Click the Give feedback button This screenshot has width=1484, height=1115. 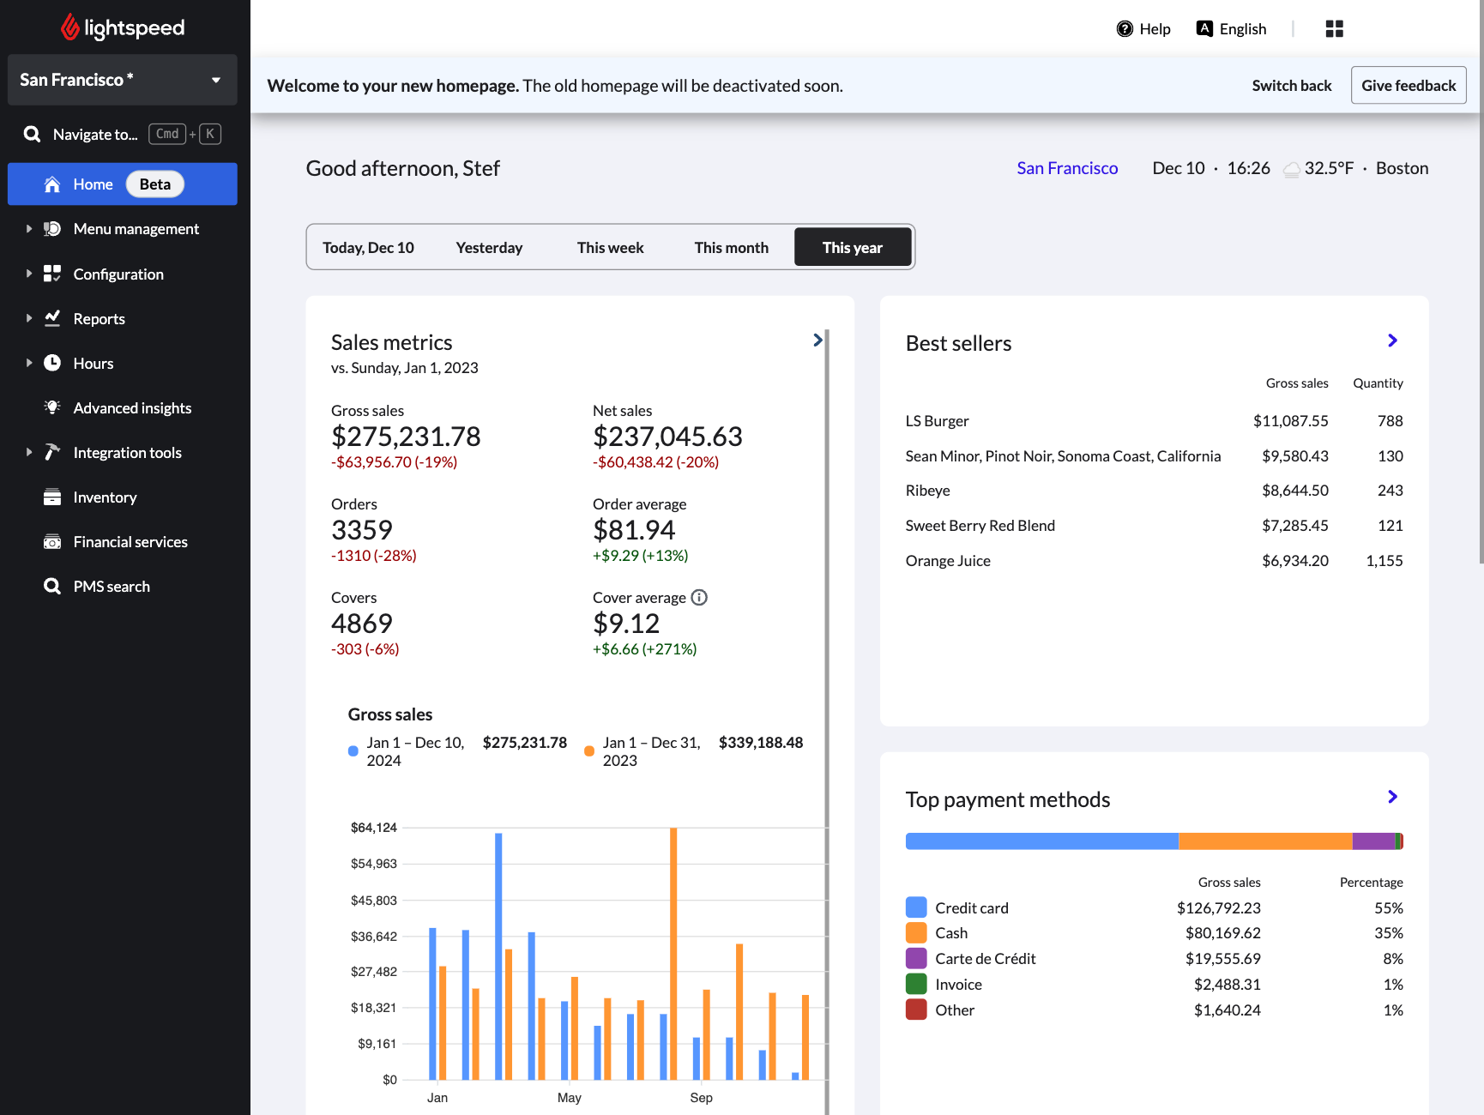1408,86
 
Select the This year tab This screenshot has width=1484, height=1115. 852,248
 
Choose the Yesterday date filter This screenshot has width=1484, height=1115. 489,248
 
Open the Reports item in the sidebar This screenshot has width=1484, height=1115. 99,319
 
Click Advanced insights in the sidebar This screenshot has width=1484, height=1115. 132,408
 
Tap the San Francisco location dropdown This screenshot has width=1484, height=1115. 122,80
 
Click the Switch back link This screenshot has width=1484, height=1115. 1291,86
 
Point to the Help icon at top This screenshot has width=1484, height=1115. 1125,29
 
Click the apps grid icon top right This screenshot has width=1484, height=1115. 1334,29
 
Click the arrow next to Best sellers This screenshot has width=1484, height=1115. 1392,341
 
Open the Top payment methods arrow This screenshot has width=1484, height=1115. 1392,797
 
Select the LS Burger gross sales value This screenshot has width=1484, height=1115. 1290,421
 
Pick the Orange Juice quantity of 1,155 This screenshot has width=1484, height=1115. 1384,561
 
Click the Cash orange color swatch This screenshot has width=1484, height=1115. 916,933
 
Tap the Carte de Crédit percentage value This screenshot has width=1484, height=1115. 1392,959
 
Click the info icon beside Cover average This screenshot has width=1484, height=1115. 699,598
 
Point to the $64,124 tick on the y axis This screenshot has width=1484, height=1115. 374,828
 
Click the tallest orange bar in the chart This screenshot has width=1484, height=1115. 673,952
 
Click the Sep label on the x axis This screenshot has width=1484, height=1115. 701,1098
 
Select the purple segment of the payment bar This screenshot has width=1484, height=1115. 1373,841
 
